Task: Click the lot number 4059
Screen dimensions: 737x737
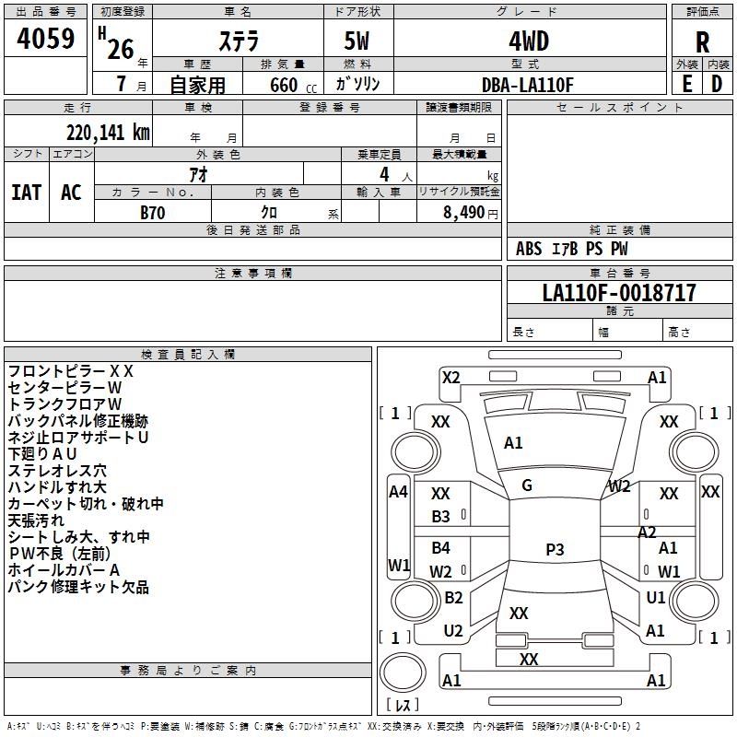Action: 45,38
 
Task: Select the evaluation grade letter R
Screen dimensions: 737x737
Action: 702,42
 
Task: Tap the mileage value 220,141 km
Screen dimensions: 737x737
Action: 108,133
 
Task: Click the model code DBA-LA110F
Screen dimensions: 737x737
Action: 528,85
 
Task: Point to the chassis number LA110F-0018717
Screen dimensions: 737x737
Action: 619,292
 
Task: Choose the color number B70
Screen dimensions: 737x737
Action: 153,213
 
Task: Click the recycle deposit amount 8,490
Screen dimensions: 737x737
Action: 463,213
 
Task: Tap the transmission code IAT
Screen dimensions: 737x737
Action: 27,193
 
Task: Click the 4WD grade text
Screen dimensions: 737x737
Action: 529,41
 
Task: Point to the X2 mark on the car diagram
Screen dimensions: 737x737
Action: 450,378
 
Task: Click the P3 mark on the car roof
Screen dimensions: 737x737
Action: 555,549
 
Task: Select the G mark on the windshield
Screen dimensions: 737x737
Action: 527,485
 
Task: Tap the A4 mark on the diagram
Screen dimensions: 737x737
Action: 398,492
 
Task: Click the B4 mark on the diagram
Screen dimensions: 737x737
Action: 440,547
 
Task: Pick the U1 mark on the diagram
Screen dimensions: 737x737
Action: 656,598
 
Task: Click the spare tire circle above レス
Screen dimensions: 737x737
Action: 403,672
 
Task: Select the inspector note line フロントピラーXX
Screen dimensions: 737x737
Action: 71,371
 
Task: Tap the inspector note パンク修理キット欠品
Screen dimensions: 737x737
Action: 78,587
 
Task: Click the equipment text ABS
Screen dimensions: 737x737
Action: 529,249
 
